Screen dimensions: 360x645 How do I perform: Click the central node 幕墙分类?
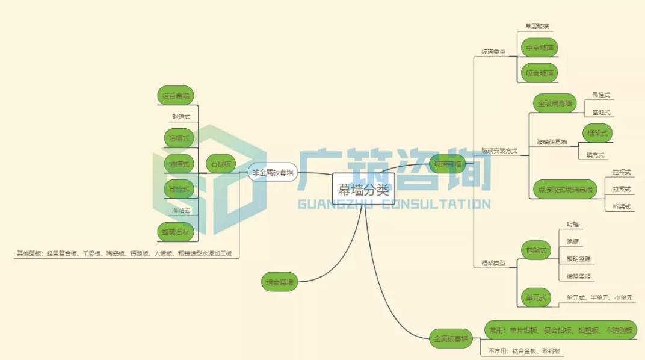tap(363, 190)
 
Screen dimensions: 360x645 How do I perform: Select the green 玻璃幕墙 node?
tap(448, 164)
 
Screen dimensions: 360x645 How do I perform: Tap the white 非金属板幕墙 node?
tap(273, 172)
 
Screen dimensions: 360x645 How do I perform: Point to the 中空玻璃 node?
tap(539, 48)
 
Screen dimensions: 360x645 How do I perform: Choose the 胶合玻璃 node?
tap(539, 73)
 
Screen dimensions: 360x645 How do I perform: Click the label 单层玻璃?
tap(536, 26)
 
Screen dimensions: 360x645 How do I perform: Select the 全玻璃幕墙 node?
tap(555, 103)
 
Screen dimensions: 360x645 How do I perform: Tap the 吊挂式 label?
tap(601, 95)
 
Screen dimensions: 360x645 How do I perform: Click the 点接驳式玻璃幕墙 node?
tap(564, 190)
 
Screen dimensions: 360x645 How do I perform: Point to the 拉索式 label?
tap(622, 189)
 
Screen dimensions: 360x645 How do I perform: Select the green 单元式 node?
tap(535, 297)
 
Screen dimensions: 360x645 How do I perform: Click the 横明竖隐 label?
tap(578, 259)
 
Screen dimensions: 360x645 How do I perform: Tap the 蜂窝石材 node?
tap(176, 232)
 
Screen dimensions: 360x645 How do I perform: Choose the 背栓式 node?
tap(179, 189)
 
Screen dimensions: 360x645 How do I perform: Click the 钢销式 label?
tap(181, 116)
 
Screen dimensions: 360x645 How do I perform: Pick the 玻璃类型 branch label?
tap(493, 51)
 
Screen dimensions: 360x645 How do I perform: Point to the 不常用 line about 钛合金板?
tap(524, 350)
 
